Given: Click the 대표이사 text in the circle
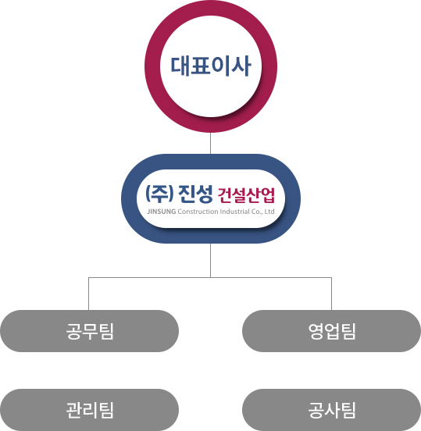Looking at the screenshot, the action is (x=211, y=66).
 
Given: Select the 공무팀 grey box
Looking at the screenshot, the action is (x=89, y=331).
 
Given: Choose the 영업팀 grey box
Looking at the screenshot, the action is (x=331, y=331).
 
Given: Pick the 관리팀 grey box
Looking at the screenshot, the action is (x=89, y=410).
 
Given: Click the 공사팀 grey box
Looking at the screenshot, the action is (x=331, y=410).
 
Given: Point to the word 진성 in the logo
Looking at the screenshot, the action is (x=195, y=194).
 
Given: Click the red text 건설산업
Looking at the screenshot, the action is (x=246, y=195).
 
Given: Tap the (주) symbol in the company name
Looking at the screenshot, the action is (x=160, y=194).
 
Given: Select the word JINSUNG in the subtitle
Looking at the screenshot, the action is (x=162, y=212).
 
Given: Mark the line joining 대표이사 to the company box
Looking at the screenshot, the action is (x=211, y=143).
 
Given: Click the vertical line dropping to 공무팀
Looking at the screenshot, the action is (x=88, y=294).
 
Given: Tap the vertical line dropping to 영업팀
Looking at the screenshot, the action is (x=331, y=294).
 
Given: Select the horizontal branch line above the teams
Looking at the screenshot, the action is (x=210, y=277).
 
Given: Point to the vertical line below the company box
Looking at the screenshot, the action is (x=211, y=260).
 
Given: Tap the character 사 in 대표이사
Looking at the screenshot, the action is (x=241, y=66).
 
